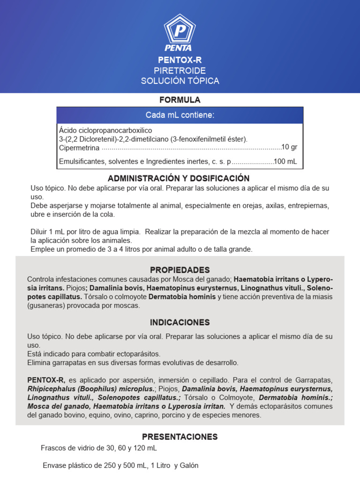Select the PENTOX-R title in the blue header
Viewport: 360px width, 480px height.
tap(180, 60)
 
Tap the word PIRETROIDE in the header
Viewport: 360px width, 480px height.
tap(180, 70)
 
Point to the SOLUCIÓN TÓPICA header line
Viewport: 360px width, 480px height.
tap(180, 81)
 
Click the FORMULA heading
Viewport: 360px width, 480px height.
tap(180, 100)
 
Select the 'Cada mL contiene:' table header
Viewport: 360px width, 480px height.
tap(180, 115)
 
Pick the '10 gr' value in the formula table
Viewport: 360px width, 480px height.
tap(289, 147)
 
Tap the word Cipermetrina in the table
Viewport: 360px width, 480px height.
tap(79, 148)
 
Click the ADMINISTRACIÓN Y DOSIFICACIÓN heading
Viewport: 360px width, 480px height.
tap(179, 179)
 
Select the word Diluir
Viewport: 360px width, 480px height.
tap(39, 232)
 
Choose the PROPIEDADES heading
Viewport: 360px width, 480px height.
tap(180, 270)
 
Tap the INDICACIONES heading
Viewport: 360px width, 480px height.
tap(180, 322)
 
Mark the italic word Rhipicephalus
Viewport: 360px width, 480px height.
tap(51, 389)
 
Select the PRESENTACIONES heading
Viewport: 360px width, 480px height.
tap(180, 437)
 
